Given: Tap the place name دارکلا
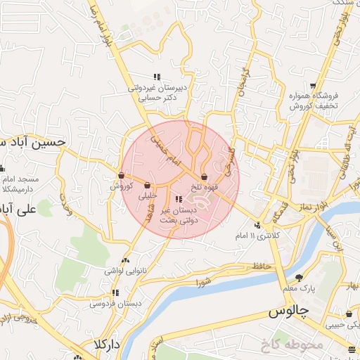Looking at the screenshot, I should pos(107,345).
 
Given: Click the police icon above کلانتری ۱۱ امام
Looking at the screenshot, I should pos(258,225).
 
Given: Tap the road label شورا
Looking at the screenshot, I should pos(204,284).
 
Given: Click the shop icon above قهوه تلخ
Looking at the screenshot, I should pos(204,176).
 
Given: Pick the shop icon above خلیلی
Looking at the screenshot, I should pos(147,186).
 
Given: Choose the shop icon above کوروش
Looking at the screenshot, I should pos(121,176).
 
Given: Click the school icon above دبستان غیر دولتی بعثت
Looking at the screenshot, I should pos(177,199).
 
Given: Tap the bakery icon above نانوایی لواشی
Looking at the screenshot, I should pos(126,259).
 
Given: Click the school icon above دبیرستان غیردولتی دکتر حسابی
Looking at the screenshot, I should pos(157,77).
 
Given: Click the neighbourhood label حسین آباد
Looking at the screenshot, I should pos(32,141).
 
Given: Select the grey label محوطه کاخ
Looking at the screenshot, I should pos(288,345).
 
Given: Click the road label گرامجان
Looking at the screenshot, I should pos(240,83).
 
